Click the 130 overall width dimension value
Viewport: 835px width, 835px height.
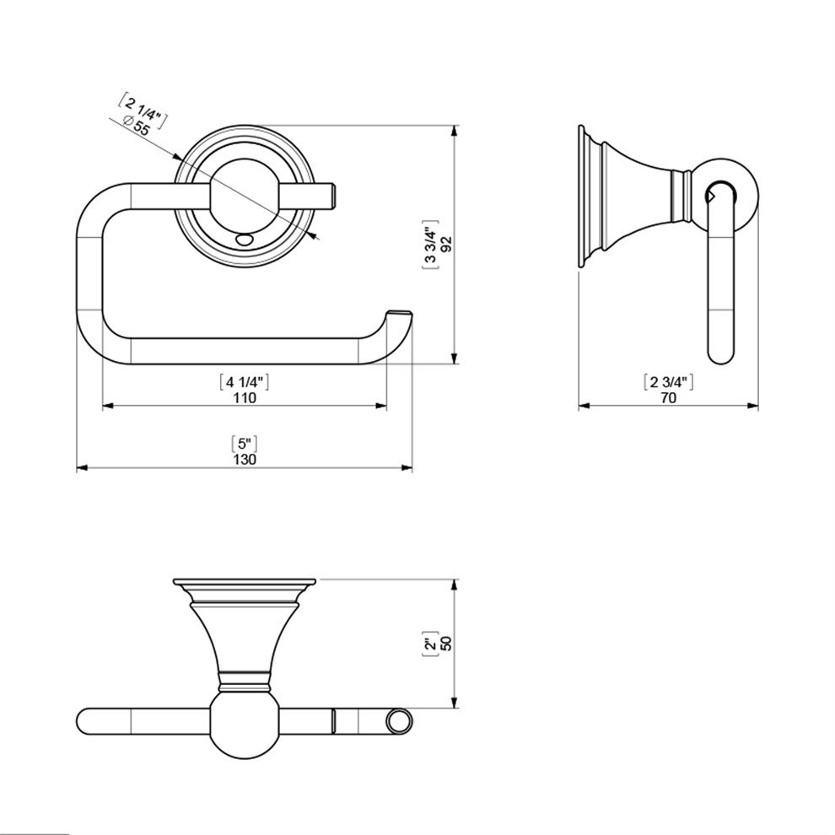click(x=245, y=459)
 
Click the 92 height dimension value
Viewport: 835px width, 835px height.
click(x=448, y=245)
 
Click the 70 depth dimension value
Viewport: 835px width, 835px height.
click(x=669, y=398)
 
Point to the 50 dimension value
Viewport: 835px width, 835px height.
click(x=448, y=643)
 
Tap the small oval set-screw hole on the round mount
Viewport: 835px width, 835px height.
click(x=245, y=240)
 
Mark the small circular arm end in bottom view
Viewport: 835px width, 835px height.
click(x=400, y=722)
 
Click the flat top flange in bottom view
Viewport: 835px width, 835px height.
click(x=244, y=583)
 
